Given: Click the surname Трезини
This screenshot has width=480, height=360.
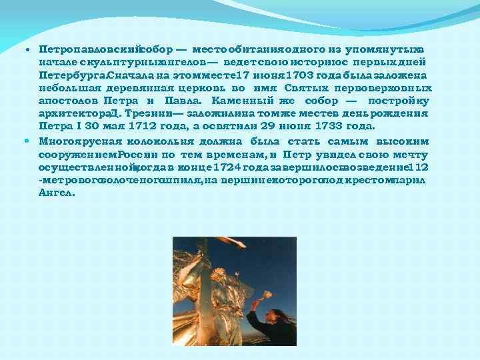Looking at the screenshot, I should (x=141, y=113).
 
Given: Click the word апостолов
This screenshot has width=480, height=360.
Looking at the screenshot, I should (x=69, y=100).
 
